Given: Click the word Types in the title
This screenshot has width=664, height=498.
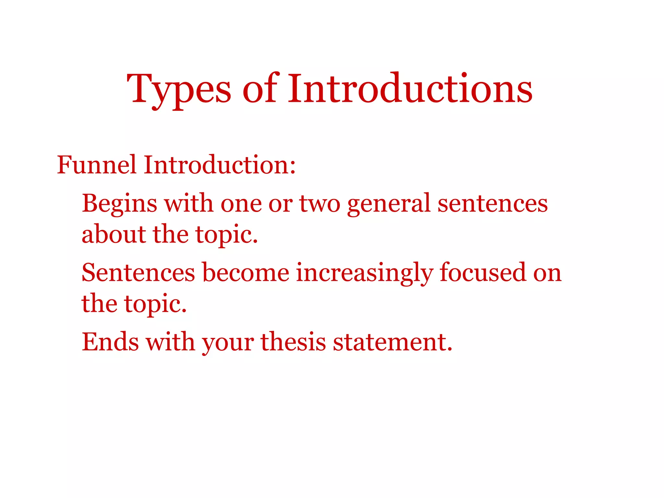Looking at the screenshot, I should click(179, 89).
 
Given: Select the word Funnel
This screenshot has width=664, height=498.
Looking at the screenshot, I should click(96, 165).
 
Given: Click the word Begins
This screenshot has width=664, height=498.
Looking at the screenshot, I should click(119, 204).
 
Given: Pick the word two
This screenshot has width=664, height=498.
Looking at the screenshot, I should click(319, 204).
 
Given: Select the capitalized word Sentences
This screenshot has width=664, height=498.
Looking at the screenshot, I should click(138, 273).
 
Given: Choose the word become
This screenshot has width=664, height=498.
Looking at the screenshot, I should click(245, 273).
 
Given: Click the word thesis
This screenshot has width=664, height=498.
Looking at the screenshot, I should click(293, 342).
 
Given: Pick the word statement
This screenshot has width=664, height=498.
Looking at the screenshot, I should click(392, 342).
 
